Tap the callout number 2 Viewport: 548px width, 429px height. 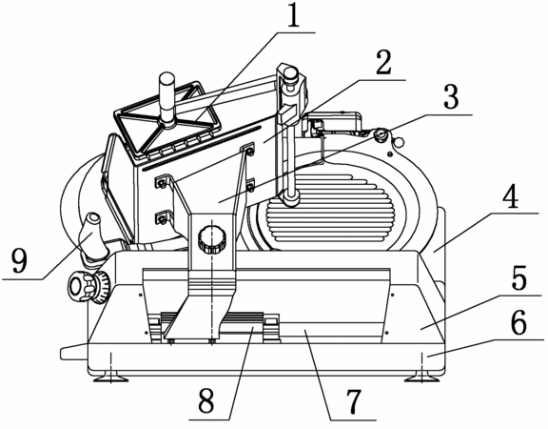383,62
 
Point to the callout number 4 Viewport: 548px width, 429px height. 511,195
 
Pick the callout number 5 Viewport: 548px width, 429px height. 519,278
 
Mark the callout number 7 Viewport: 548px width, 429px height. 354,400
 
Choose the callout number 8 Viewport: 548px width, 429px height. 205,400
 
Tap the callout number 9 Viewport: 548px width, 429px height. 19,260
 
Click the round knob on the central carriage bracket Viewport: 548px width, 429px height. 211,239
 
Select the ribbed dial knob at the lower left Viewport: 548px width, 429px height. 88,286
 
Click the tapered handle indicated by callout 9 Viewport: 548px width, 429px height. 92,237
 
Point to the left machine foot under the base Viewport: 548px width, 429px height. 110,378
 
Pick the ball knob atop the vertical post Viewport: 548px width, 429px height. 291,75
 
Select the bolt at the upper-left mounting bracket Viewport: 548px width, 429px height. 162,182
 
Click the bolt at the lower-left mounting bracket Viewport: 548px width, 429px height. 162,219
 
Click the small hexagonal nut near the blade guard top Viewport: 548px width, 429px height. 398,142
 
